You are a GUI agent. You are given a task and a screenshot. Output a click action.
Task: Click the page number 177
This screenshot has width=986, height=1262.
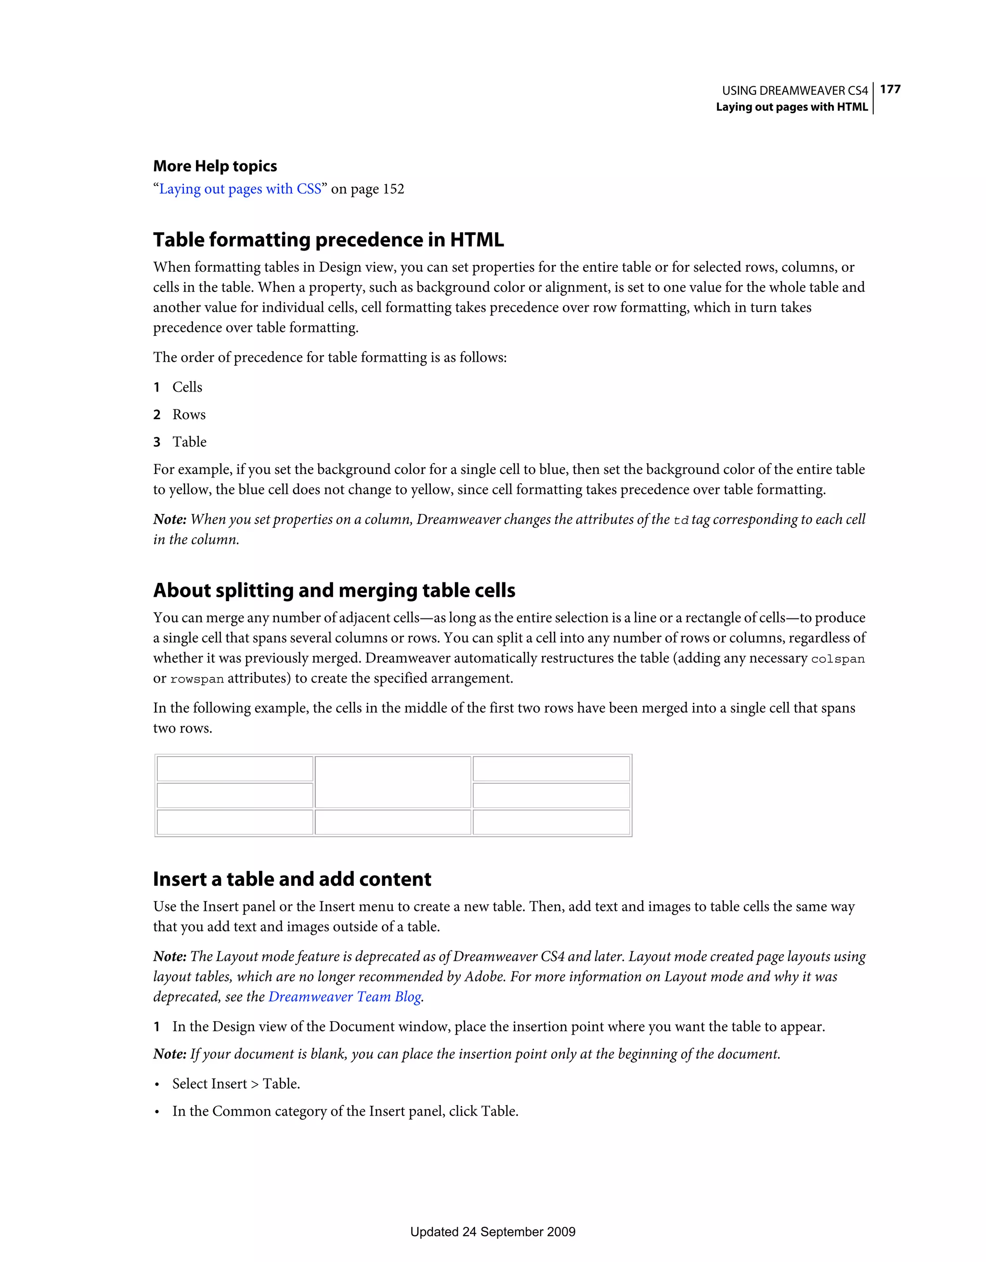pos(890,89)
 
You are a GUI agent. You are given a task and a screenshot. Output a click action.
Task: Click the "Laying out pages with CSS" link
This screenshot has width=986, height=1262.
pos(240,189)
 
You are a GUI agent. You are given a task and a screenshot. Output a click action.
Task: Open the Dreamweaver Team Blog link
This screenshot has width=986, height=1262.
pos(345,997)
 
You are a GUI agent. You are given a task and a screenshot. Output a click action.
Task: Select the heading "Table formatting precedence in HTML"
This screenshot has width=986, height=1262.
pos(328,239)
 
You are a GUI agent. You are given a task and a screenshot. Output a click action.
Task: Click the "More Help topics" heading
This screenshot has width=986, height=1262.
pos(215,166)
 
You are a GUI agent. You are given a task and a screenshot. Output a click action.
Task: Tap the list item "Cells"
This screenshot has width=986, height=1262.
pos(187,387)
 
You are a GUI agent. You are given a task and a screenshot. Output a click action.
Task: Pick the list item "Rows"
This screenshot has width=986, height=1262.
pos(189,414)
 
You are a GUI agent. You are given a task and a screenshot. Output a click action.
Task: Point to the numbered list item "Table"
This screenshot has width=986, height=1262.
pos(190,442)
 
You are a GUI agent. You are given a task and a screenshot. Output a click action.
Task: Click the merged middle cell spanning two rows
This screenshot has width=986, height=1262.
pos(393,782)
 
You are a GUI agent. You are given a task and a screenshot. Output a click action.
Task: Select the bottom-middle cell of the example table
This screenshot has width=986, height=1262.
pos(393,822)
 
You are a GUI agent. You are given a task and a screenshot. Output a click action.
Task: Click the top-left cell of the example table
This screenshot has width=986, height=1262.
pos(235,769)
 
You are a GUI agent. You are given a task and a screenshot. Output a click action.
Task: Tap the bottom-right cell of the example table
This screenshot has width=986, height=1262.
pos(551,822)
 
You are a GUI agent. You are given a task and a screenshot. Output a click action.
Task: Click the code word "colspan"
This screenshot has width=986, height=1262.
pos(838,659)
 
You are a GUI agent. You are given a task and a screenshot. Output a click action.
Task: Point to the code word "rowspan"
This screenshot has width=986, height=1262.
pos(197,680)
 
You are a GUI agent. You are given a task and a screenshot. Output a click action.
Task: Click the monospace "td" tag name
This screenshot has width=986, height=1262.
pos(681,520)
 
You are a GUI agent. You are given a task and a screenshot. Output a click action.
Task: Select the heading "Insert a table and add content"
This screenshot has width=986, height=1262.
pos(292,879)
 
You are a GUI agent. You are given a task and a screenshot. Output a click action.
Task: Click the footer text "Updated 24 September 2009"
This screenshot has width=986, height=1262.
pos(493,1232)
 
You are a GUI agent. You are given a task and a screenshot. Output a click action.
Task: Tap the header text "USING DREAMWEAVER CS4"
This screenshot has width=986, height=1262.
pos(795,91)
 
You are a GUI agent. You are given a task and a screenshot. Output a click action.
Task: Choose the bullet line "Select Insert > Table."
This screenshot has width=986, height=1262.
pos(236,1084)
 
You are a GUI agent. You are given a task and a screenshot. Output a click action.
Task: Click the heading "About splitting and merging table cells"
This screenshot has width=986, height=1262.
pos(334,590)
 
